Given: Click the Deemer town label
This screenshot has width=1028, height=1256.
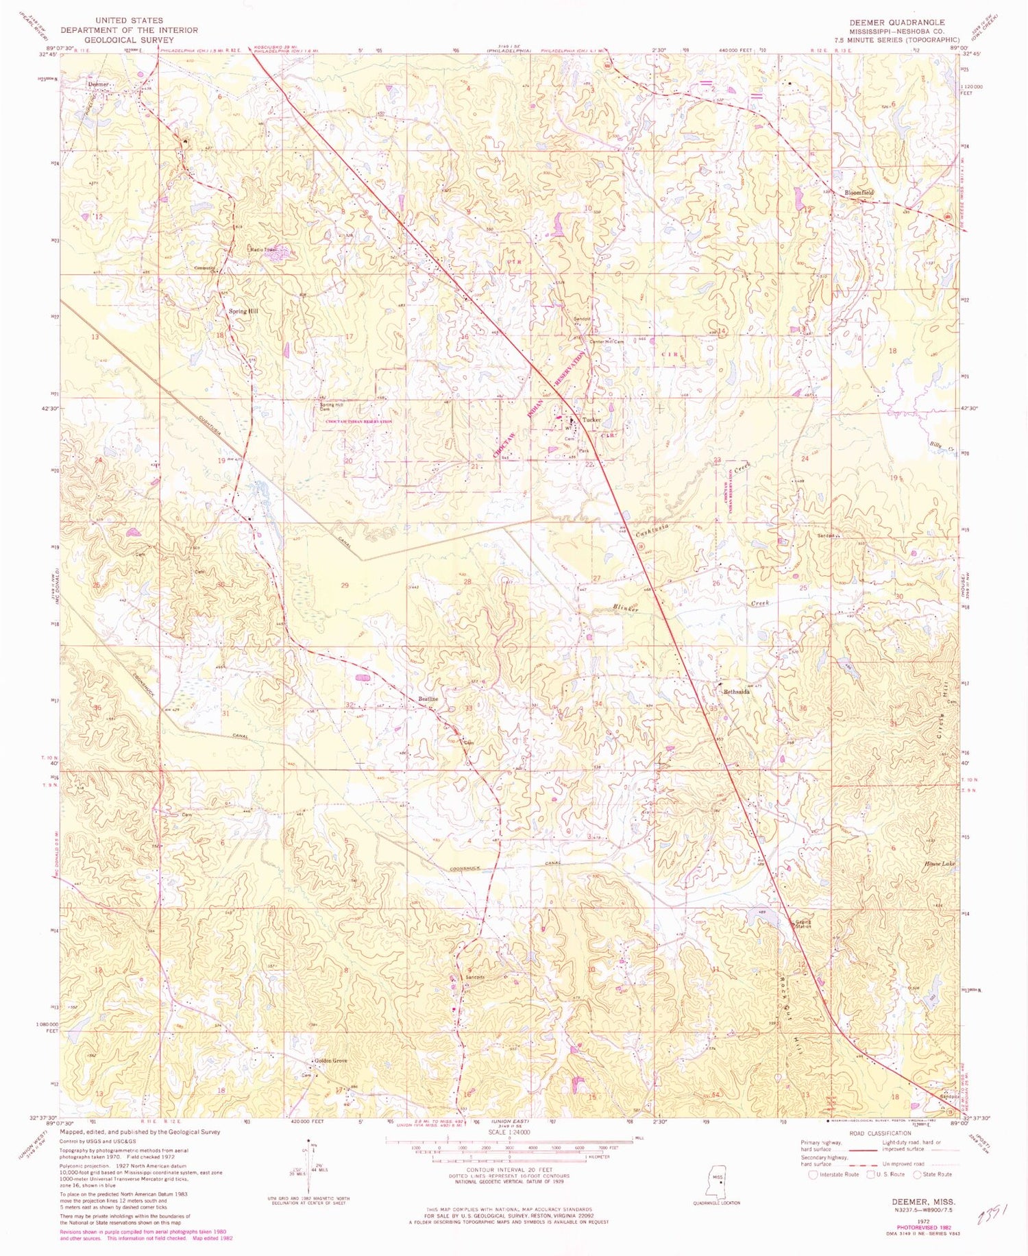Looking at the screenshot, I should click(x=98, y=84).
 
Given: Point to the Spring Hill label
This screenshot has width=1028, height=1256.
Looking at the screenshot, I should click(x=243, y=311).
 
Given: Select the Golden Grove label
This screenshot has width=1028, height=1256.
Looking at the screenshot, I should click(x=330, y=1061).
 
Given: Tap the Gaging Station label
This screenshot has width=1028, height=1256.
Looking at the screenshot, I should click(x=803, y=923).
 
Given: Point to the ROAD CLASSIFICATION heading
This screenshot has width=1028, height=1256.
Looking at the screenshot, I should click(x=879, y=1133).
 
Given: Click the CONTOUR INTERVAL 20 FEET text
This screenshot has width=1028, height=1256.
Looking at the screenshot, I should click(x=509, y=1169).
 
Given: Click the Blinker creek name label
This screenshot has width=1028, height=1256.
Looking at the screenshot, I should click(x=625, y=607).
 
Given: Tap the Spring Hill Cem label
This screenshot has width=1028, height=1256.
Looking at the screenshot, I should click(x=332, y=406).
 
